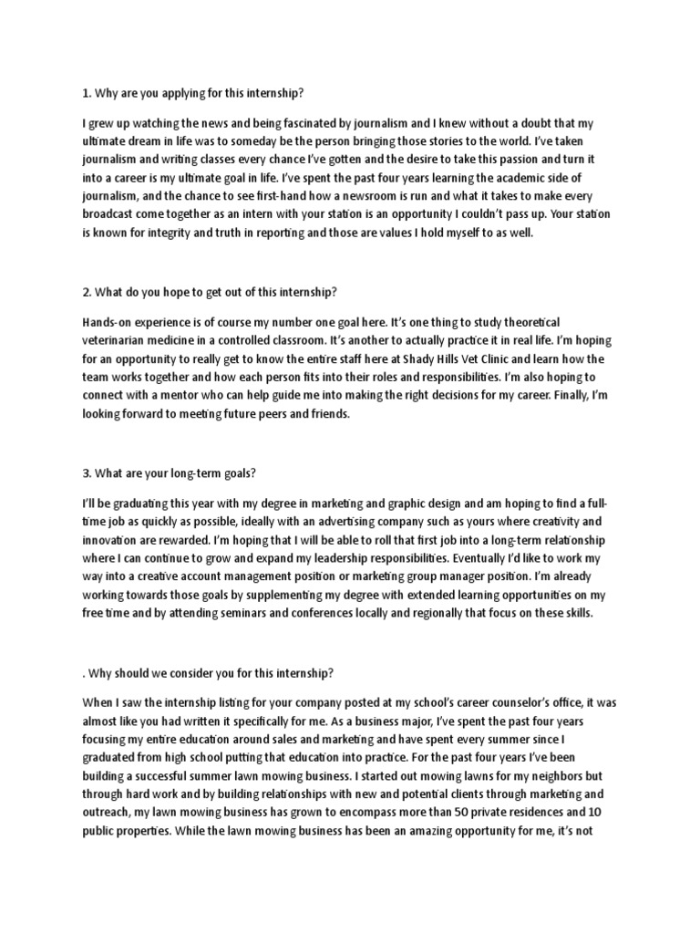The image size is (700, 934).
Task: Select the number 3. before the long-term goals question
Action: click(87, 473)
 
